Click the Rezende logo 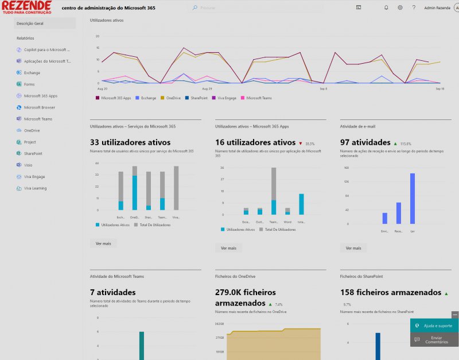tap(26, 7)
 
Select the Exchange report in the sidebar tap(32, 73)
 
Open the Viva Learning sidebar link tap(35, 188)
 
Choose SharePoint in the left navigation tap(33, 154)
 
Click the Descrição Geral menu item tap(30, 24)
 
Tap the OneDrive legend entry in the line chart tap(172, 98)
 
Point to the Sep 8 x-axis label tap(323, 89)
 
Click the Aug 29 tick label tap(207, 89)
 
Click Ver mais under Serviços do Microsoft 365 tap(104, 243)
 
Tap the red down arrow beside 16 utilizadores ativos tap(301, 143)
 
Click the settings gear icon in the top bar tap(400, 7)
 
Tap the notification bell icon tap(386, 7)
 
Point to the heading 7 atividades tap(113, 292)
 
